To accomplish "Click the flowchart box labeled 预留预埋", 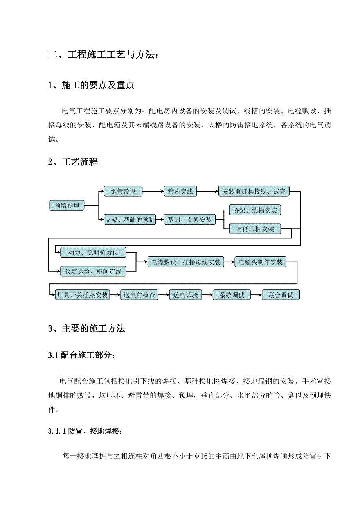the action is click(67, 205).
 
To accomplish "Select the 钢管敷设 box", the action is click(123, 191).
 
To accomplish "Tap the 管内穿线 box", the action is click(180, 191).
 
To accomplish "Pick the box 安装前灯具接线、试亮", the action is click(254, 191).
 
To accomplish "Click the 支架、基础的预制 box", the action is click(130, 220).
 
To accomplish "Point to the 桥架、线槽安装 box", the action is click(255, 210).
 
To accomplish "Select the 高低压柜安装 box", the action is click(255, 229).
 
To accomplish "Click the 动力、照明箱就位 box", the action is click(93, 253).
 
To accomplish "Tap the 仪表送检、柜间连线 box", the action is click(93, 271).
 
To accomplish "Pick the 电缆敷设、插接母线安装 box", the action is click(185, 262).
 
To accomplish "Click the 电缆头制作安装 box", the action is click(261, 262).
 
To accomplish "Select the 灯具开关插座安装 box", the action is click(82, 295).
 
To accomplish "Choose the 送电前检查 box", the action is click(139, 295).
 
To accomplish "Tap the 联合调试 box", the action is click(281, 295).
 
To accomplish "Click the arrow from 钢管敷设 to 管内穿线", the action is click(153, 191).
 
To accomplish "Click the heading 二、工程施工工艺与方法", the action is click(104, 55).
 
